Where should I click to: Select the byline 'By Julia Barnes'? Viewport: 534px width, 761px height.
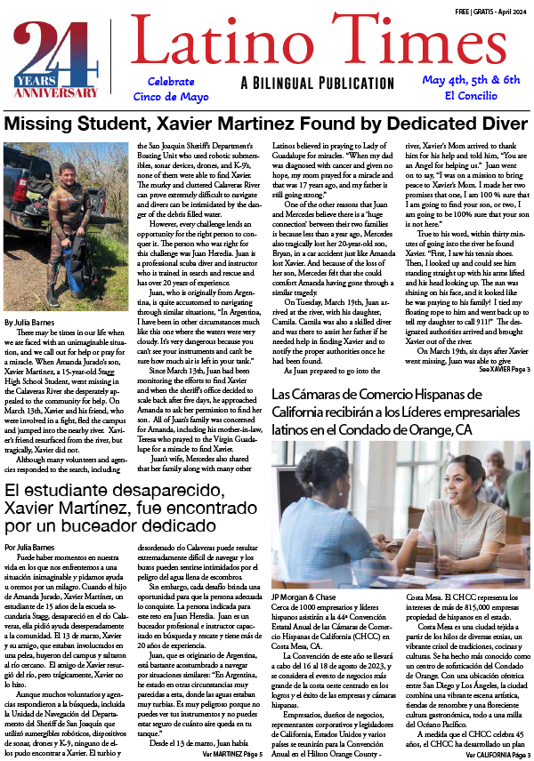click(30, 322)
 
